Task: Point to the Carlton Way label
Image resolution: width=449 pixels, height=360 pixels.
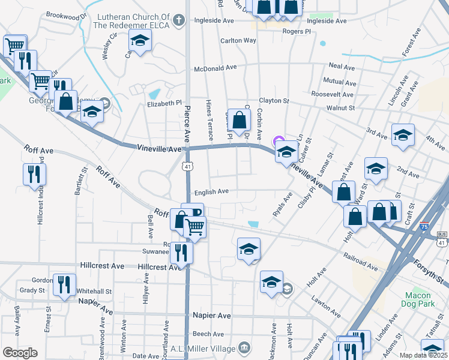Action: click(x=238, y=40)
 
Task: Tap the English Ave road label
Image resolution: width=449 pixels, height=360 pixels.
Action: click(x=211, y=192)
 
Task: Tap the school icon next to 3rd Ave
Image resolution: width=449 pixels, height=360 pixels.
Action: click(x=403, y=136)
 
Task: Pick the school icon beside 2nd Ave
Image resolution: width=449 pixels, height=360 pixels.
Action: click(x=376, y=170)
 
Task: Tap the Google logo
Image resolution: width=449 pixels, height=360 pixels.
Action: click(x=20, y=353)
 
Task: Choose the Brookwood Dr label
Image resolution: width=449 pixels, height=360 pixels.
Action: click(x=66, y=16)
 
